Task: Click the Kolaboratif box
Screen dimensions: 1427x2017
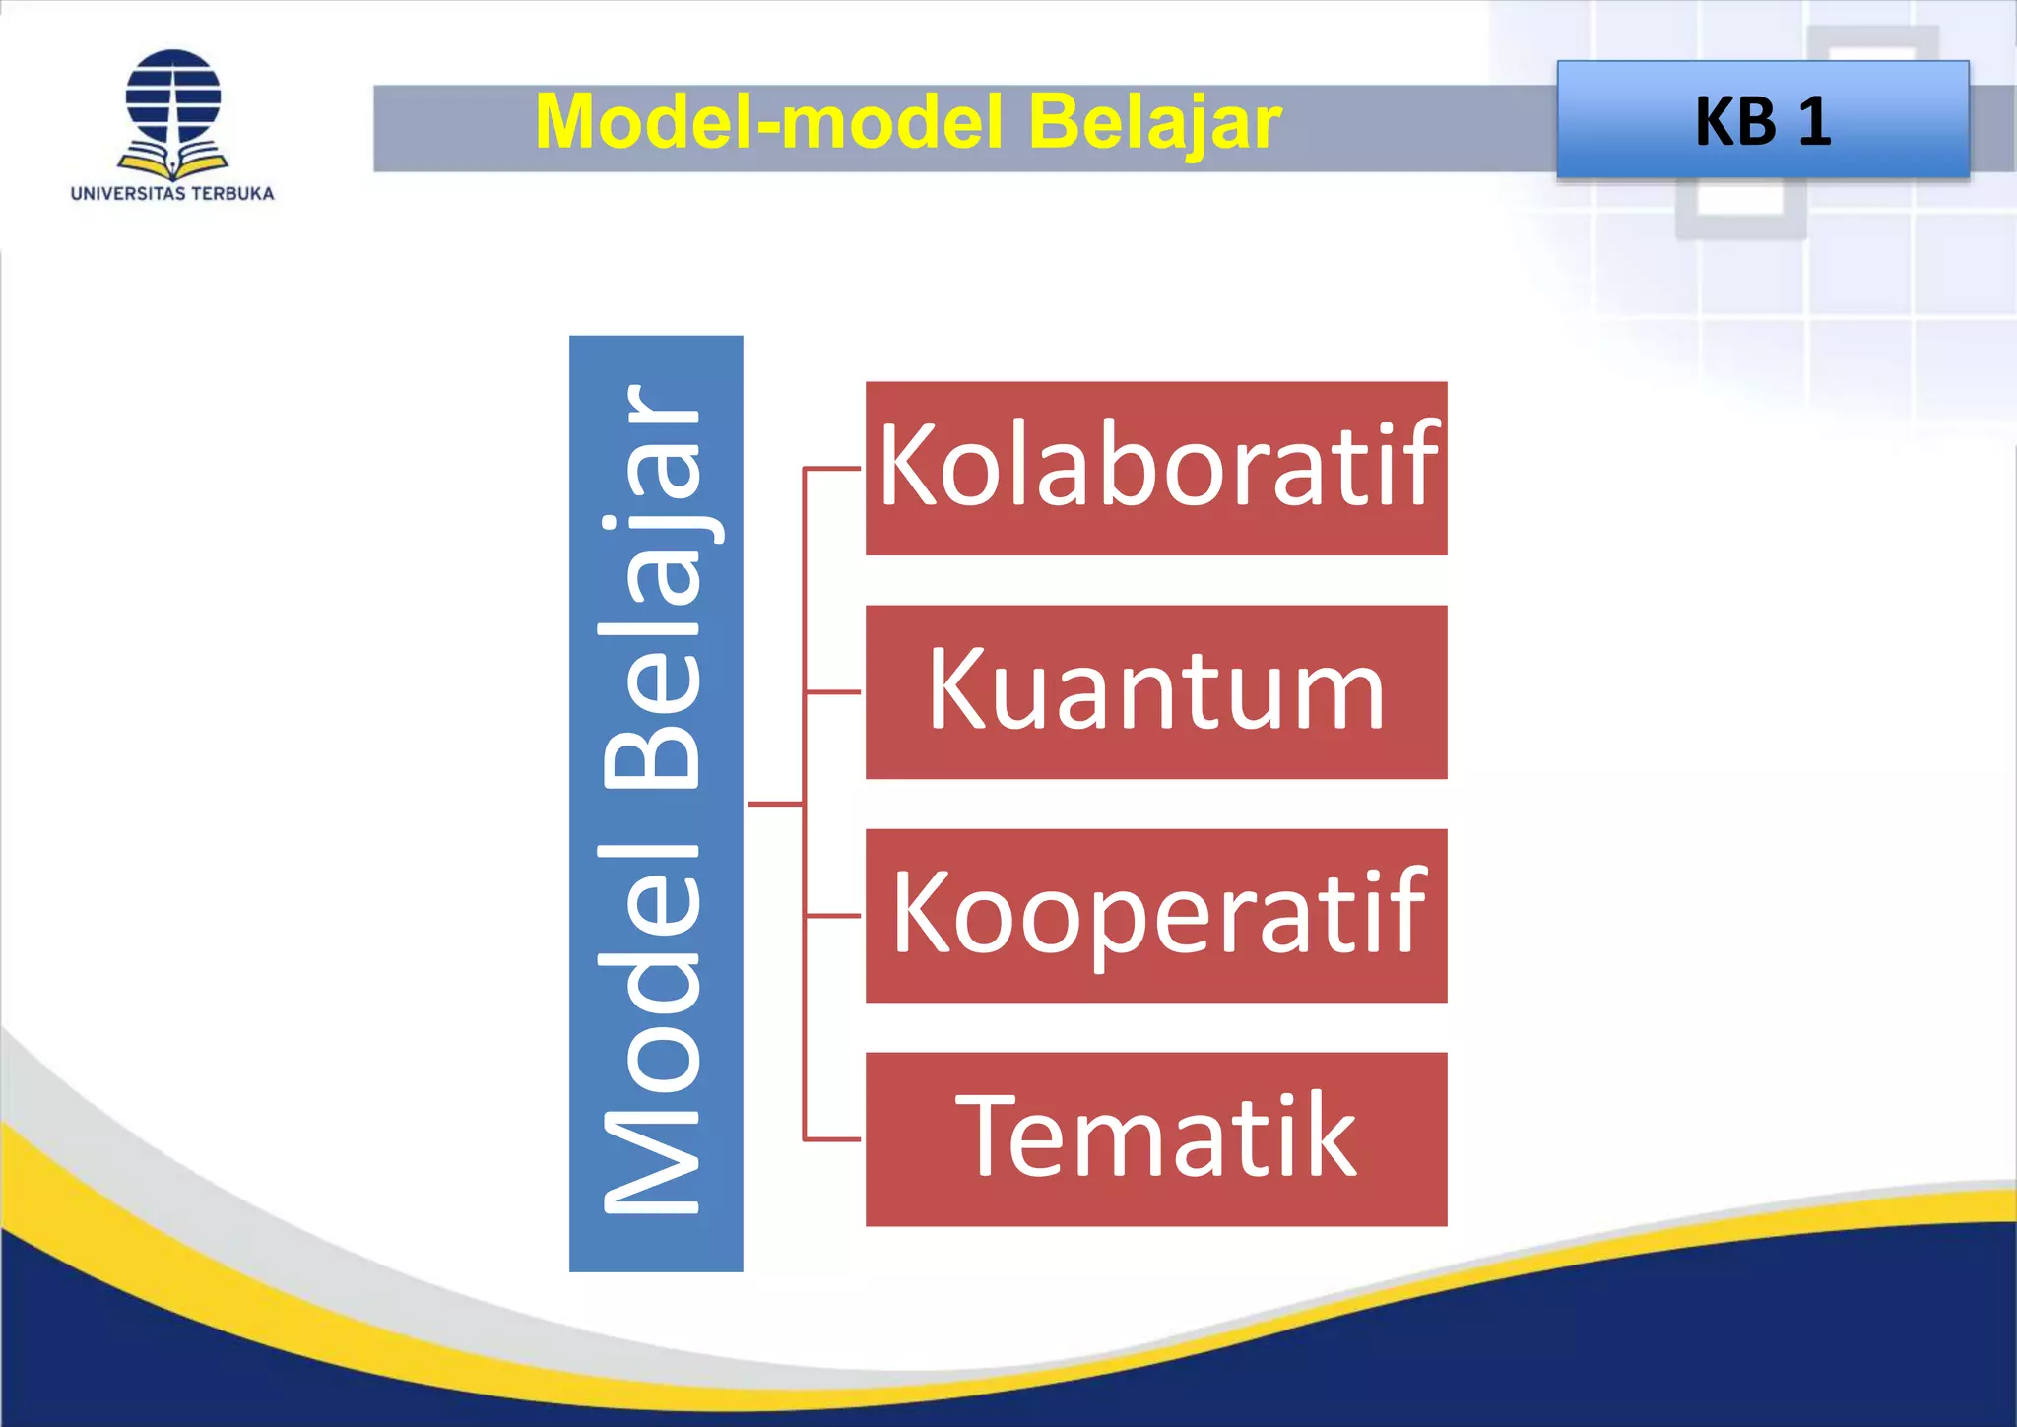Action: [x=1155, y=468]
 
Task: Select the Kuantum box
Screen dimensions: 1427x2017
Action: [x=1155, y=691]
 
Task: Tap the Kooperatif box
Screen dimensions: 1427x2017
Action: [x=1155, y=915]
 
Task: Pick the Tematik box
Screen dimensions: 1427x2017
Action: [x=1155, y=1138]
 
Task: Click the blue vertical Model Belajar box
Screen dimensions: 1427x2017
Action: [x=656, y=803]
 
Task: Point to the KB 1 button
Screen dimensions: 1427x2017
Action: [x=1762, y=120]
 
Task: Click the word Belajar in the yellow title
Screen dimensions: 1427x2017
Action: [x=1153, y=122]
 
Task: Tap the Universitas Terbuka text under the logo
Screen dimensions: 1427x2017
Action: [x=172, y=194]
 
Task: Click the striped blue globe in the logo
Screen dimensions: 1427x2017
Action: [x=173, y=97]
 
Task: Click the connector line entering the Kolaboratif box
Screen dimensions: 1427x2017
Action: [x=833, y=468]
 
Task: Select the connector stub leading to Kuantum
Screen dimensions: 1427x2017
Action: [x=833, y=692]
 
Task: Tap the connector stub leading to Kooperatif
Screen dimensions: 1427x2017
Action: [x=833, y=916]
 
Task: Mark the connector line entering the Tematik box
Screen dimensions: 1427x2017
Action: [x=833, y=1139]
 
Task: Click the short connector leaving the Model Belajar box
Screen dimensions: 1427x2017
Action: [x=775, y=804]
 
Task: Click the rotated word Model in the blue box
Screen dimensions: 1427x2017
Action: [x=652, y=1029]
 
